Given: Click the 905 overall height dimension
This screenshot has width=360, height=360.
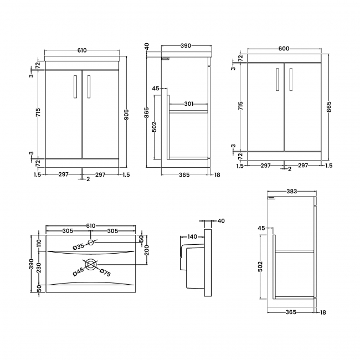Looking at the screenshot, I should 127,114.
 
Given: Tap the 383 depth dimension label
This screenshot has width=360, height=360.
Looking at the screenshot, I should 291,192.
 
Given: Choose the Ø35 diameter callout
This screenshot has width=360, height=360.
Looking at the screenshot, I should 79,246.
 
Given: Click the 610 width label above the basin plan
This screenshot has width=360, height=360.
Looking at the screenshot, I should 91,225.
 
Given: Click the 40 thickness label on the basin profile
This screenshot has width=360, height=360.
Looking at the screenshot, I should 221,221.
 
